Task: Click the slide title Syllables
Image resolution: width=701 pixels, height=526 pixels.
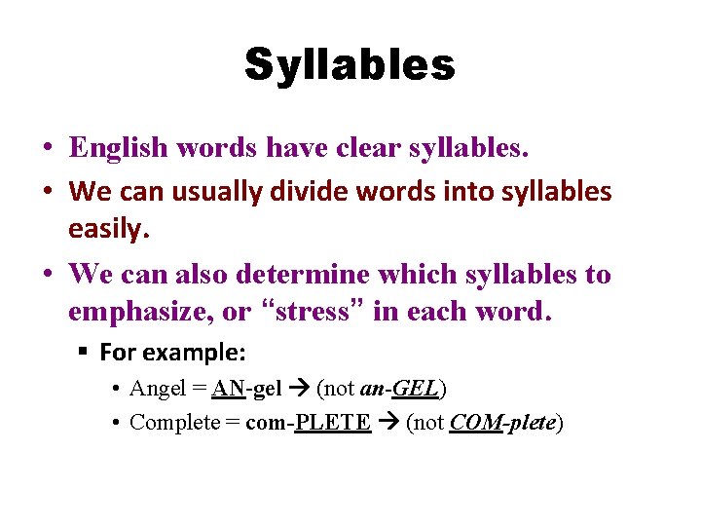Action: tap(350, 65)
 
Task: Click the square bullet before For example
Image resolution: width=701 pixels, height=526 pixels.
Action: tap(87, 352)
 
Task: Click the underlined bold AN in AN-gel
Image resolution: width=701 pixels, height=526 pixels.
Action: tap(229, 389)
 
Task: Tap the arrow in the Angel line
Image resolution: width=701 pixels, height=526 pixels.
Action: tap(299, 389)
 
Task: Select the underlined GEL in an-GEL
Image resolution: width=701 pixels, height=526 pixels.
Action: tap(419, 389)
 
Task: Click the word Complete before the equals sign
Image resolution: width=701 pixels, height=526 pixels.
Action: tap(174, 423)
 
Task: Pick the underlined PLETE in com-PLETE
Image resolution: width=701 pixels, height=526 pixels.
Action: tap(333, 423)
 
